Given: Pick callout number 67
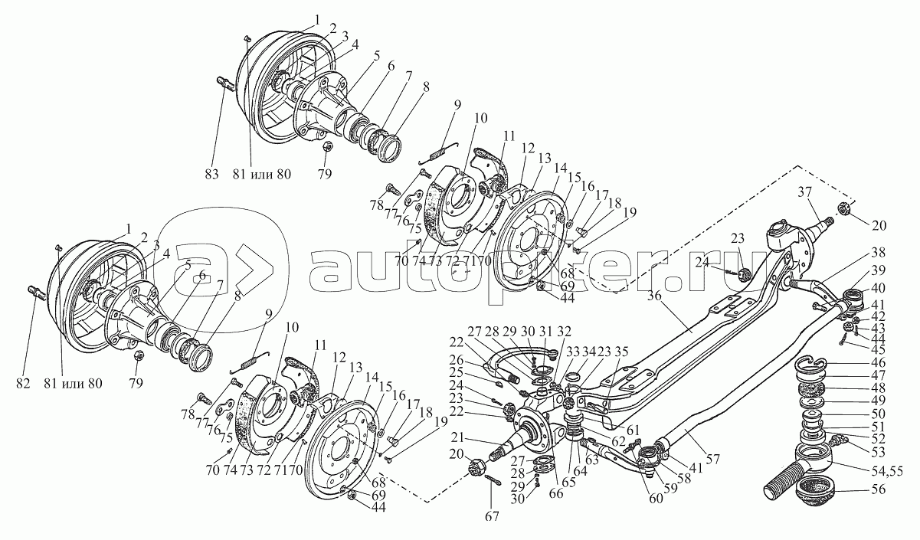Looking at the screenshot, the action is point(492,516).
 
